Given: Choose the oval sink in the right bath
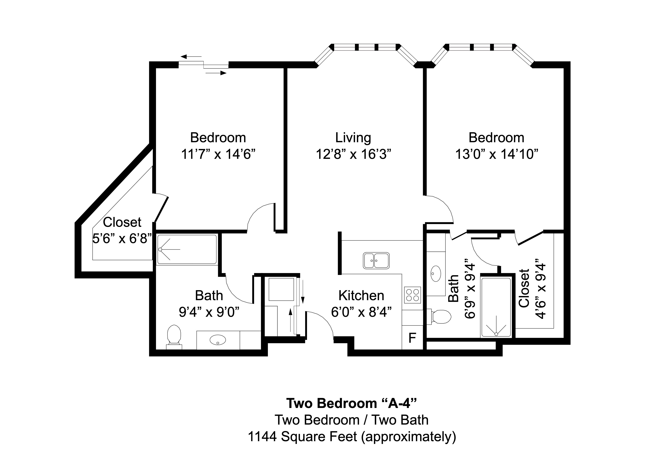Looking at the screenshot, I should (x=436, y=273).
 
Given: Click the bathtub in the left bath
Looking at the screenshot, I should (x=187, y=249).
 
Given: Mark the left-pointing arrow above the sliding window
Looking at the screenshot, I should (x=191, y=57).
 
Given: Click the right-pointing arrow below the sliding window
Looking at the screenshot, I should (x=216, y=73).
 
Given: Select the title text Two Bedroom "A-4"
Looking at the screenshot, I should (x=351, y=403).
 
